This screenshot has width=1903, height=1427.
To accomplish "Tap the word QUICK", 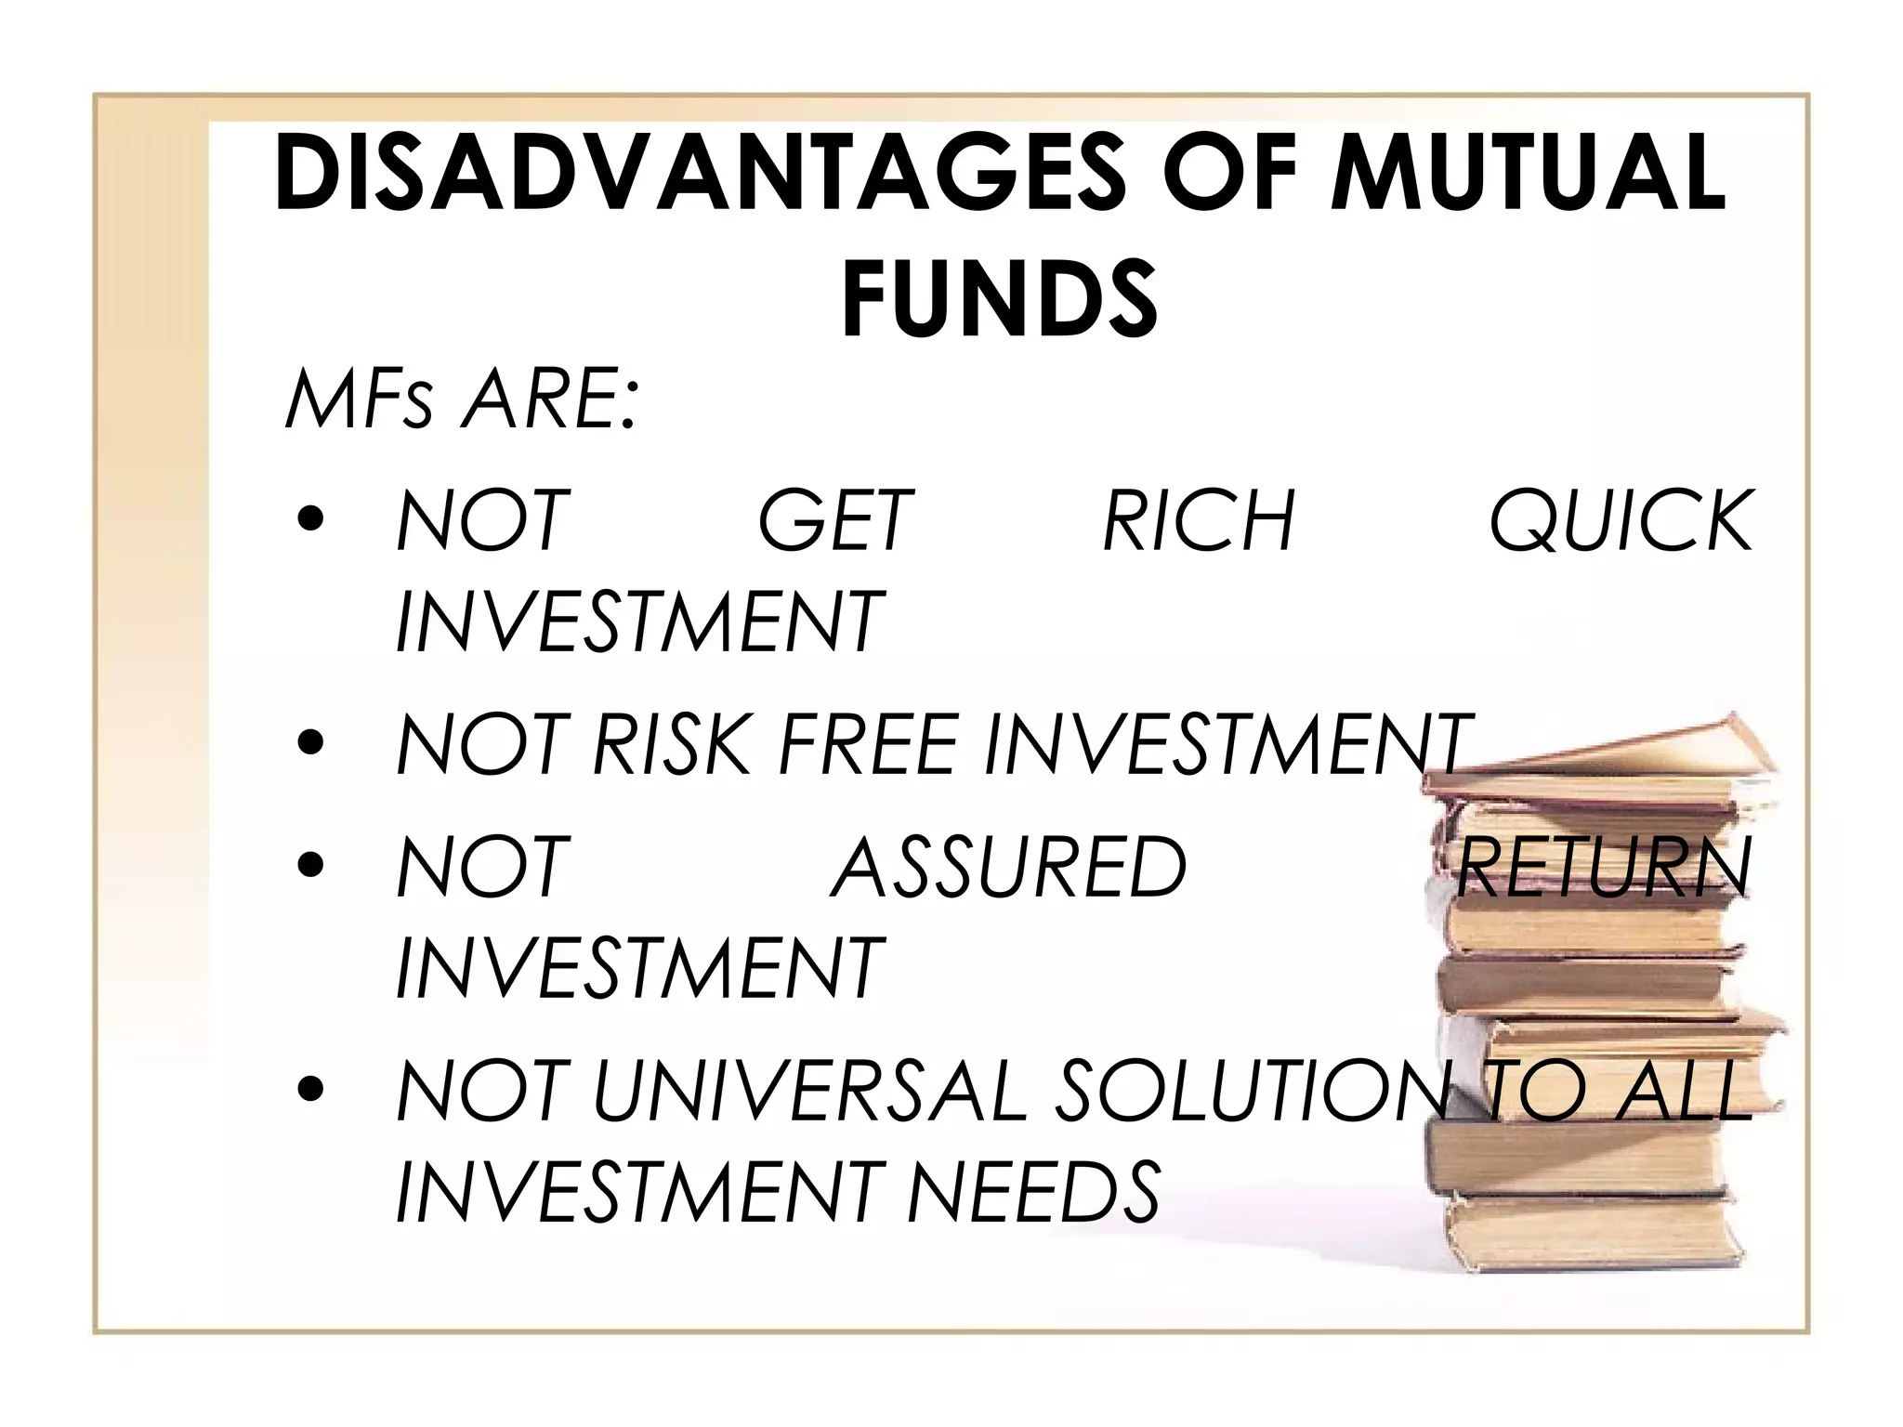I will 1621,522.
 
